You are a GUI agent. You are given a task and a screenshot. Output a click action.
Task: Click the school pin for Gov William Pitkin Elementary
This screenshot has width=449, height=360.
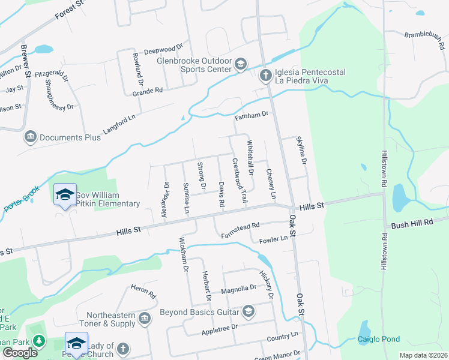65,195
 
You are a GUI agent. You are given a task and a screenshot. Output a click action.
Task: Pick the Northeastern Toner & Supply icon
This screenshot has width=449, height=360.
144,317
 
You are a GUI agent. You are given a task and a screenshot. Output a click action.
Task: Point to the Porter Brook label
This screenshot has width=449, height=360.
22,199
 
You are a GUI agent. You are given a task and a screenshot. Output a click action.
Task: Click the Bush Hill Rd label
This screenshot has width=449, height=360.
412,223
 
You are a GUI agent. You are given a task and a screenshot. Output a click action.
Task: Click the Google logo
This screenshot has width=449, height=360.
20,353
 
